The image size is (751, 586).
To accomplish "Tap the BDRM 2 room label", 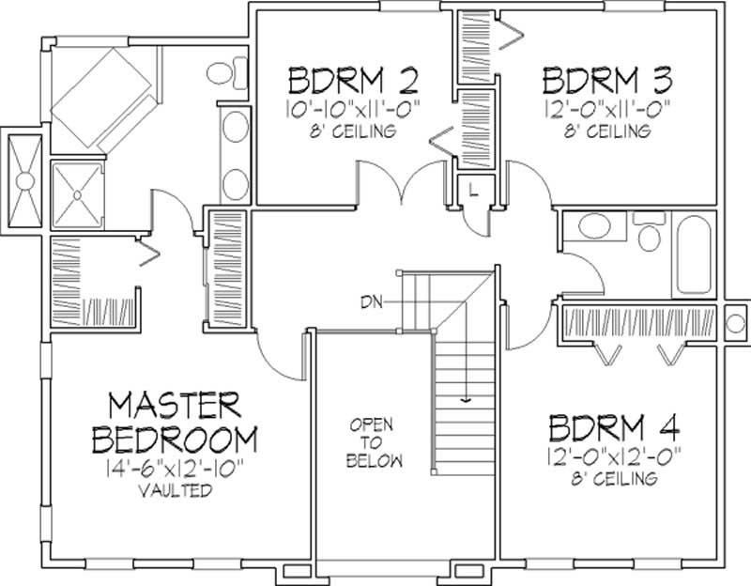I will [x=340, y=77].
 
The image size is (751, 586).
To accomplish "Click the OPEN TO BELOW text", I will [x=372, y=442].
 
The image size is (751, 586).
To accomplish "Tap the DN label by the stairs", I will [x=370, y=301].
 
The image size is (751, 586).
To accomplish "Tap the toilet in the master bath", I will [x=222, y=71].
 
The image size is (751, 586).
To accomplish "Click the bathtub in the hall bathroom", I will [x=694, y=254].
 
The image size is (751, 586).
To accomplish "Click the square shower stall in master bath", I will [x=78, y=193].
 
